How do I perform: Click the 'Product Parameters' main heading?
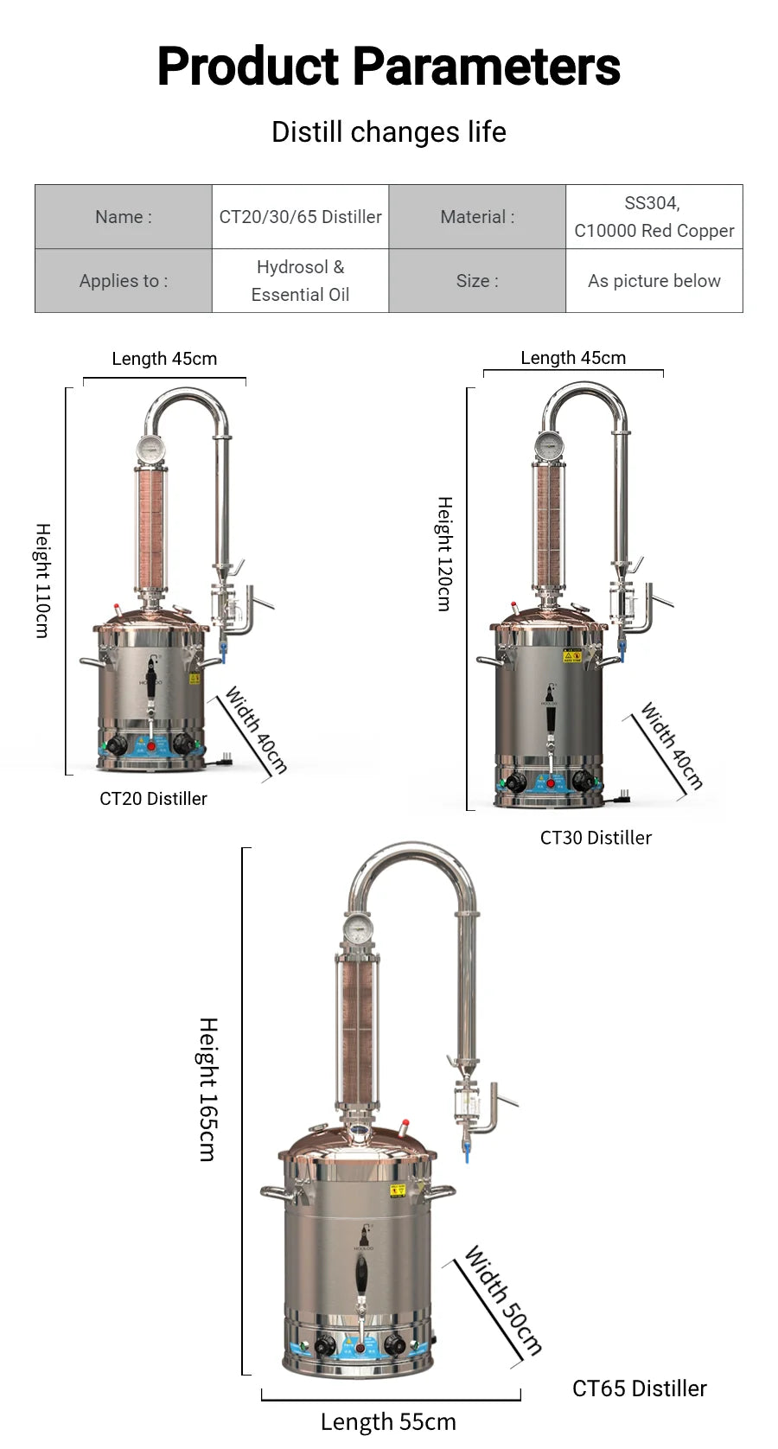point(388,67)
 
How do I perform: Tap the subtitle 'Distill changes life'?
point(388,132)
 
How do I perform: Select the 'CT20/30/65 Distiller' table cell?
point(300,217)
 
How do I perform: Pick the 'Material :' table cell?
point(477,217)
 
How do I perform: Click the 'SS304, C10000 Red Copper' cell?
point(654,217)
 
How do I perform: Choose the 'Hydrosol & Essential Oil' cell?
point(300,281)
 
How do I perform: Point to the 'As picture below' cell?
point(654,281)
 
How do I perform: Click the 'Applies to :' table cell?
point(124,281)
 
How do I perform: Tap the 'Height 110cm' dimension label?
point(42,580)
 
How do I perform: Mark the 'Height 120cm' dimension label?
point(444,553)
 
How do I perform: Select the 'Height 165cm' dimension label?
point(208,1088)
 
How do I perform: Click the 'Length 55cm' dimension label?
point(388,1421)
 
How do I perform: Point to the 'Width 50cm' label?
point(503,1299)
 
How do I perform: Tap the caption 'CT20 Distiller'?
point(153,799)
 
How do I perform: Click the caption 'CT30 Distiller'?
point(596,838)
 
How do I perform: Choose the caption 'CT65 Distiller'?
point(639,1388)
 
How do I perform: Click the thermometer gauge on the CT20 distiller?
point(150,449)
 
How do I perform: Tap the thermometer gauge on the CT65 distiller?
point(357,929)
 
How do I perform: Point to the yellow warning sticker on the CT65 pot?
point(398,1190)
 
